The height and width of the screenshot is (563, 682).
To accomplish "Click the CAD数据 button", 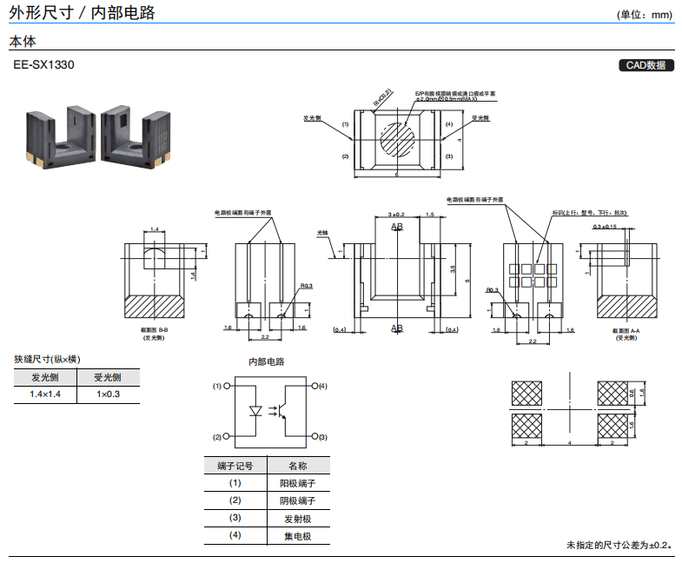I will (646, 65).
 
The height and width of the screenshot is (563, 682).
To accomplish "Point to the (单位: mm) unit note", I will (645, 15).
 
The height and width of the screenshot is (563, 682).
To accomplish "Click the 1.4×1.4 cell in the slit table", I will (45, 394).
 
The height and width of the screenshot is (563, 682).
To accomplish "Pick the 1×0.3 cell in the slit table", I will (108, 394).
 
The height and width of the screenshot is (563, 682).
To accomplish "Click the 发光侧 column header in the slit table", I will (45, 377).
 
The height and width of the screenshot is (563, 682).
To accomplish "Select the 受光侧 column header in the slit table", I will (108, 377).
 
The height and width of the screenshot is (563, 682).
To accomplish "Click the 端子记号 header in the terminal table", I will (235, 466).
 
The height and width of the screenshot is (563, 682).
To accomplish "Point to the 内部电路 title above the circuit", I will (267, 361).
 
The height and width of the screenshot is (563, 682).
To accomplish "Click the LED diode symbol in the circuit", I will (256, 409).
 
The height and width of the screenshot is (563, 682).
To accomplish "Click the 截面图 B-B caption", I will (154, 331).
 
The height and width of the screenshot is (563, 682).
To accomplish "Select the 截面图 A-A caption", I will (626, 331).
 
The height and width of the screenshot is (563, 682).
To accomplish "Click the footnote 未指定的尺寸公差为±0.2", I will (619, 545).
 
